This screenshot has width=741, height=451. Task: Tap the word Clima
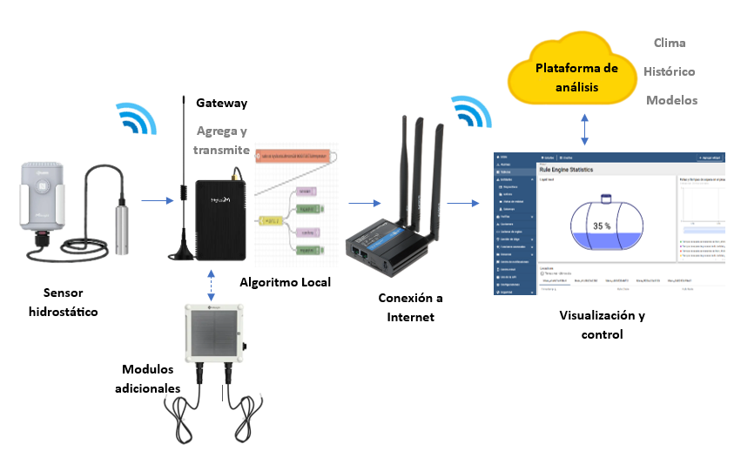(x=669, y=43)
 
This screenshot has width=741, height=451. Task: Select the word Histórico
(x=669, y=71)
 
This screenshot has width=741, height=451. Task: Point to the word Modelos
(x=671, y=100)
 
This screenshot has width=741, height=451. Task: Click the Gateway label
(x=221, y=103)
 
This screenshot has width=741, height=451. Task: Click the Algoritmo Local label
(x=285, y=281)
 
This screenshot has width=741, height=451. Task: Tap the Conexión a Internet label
(x=410, y=306)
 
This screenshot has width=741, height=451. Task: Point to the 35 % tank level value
(x=602, y=225)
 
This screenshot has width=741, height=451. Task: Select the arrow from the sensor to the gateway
(x=156, y=203)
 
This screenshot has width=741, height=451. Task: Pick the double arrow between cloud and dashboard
(x=585, y=130)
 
